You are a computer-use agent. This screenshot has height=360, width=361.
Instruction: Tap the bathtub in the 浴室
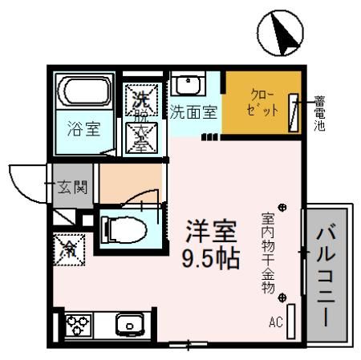tap(85, 95)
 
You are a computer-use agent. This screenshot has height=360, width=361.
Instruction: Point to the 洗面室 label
tap(193, 112)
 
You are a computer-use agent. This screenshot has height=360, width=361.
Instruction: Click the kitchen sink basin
tap(128, 326)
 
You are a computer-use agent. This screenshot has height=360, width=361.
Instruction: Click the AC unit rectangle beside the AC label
tap(290, 322)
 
